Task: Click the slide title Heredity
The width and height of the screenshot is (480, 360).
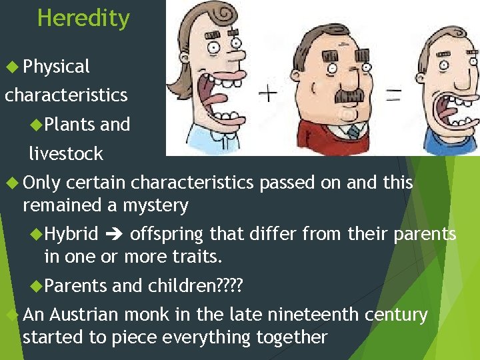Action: [83, 18]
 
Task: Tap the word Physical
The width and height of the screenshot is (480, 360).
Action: [56, 67]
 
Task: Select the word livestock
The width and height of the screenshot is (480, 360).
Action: [66, 153]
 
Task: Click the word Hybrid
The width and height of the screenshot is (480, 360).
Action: [71, 234]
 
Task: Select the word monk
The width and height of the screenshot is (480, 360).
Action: [163, 315]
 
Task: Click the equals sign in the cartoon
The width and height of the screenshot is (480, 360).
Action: [393, 95]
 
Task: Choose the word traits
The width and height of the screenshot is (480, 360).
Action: [197, 257]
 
